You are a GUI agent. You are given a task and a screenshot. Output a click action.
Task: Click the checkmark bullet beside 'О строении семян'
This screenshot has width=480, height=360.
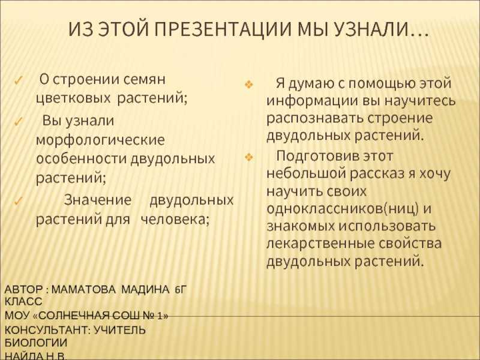(19, 82)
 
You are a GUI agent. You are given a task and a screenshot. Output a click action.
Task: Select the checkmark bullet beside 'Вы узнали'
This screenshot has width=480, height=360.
(19, 122)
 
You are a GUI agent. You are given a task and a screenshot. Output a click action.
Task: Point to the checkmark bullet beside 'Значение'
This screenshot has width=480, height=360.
(19, 202)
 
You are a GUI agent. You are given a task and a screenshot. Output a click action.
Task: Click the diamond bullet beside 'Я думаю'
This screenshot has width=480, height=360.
(249, 85)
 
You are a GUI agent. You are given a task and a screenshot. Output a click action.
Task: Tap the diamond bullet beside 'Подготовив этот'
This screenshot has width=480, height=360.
(249, 158)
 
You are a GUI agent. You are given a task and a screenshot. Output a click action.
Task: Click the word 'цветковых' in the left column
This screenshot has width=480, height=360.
(73, 98)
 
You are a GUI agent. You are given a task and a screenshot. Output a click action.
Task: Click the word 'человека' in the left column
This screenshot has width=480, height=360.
(175, 220)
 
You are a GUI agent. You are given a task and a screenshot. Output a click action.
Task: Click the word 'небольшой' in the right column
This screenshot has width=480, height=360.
(305, 173)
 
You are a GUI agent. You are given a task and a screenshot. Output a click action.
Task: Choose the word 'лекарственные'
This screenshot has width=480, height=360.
(320, 244)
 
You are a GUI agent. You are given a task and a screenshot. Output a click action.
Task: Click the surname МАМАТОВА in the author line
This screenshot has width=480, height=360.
(83, 289)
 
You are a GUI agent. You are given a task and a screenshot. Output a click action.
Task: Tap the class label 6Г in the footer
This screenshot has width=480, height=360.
(181, 289)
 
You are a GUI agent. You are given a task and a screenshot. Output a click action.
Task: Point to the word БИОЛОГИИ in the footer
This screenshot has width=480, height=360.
(36, 343)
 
